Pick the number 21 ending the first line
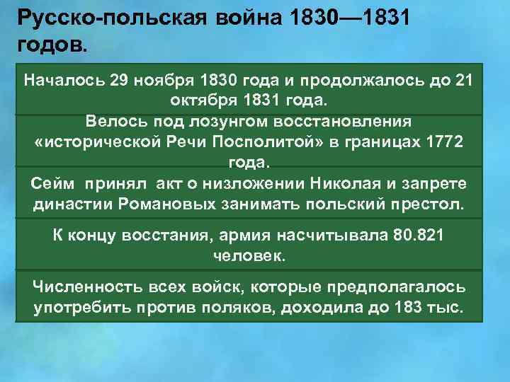(465, 79)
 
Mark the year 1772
(445, 141)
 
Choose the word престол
(427, 205)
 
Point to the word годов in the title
(50, 45)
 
